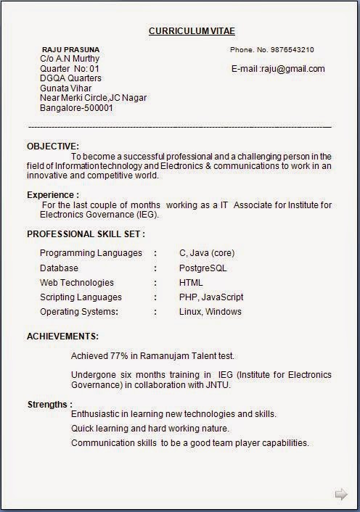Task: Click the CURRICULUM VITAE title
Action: [x=192, y=31]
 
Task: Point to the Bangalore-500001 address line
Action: [x=76, y=109]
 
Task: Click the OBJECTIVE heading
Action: [x=53, y=146]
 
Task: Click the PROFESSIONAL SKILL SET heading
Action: [x=86, y=234]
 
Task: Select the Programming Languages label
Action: [x=91, y=253]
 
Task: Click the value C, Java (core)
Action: [x=207, y=253]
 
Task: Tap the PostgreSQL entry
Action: [x=203, y=268]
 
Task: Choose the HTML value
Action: [x=191, y=283]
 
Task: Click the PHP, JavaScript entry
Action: [x=211, y=297]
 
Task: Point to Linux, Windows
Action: [x=210, y=312]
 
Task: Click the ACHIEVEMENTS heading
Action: [x=63, y=336]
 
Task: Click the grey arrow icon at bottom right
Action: [x=340, y=495]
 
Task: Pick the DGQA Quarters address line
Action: [x=70, y=78]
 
